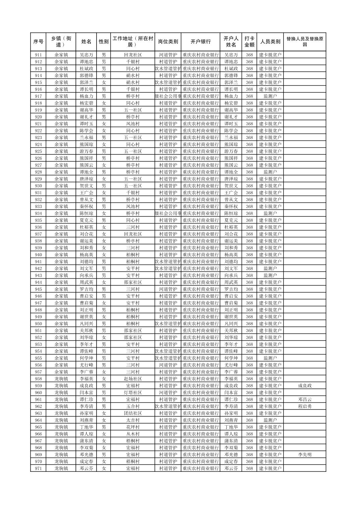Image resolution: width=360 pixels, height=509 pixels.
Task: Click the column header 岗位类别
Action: pyautogui.click(x=168, y=42)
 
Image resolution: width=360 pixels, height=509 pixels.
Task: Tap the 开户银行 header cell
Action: pyautogui.click(x=200, y=42)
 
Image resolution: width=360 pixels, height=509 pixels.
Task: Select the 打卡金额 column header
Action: pyautogui.click(x=249, y=42)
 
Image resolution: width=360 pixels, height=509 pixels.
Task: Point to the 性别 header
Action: pyautogui.click(x=104, y=42)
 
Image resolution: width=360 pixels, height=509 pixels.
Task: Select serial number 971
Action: pyautogui.click(x=38, y=468)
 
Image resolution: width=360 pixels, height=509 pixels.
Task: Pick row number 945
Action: pyautogui.click(x=38, y=289)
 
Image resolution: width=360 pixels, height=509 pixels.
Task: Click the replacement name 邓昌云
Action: pyautogui.click(x=304, y=399)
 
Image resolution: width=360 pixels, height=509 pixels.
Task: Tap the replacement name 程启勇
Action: pyautogui.click(x=304, y=407)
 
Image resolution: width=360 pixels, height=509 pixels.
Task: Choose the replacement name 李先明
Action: pyautogui.click(x=304, y=455)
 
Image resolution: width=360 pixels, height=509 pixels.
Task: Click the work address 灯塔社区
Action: pyautogui.click(x=133, y=393)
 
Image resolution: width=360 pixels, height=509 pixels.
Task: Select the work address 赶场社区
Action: pyautogui.click(x=133, y=379)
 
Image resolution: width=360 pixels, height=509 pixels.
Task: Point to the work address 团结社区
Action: pyautogui.click(x=133, y=413)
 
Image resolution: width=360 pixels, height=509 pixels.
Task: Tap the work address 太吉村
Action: pyautogui.click(x=133, y=420)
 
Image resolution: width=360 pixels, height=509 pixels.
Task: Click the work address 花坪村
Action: pyautogui.click(x=133, y=427)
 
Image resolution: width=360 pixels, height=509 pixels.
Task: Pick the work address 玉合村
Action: pyautogui.click(x=133, y=407)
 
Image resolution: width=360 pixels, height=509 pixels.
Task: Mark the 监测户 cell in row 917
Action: pyautogui.click(x=270, y=96)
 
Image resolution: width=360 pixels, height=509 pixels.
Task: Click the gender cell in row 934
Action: pyautogui.click(x=104, y=213)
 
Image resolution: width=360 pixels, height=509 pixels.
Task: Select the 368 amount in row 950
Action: pyautogui.click(x=249, y=324)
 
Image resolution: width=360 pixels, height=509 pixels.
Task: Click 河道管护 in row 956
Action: pyautogui.click(x=168, y=365)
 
